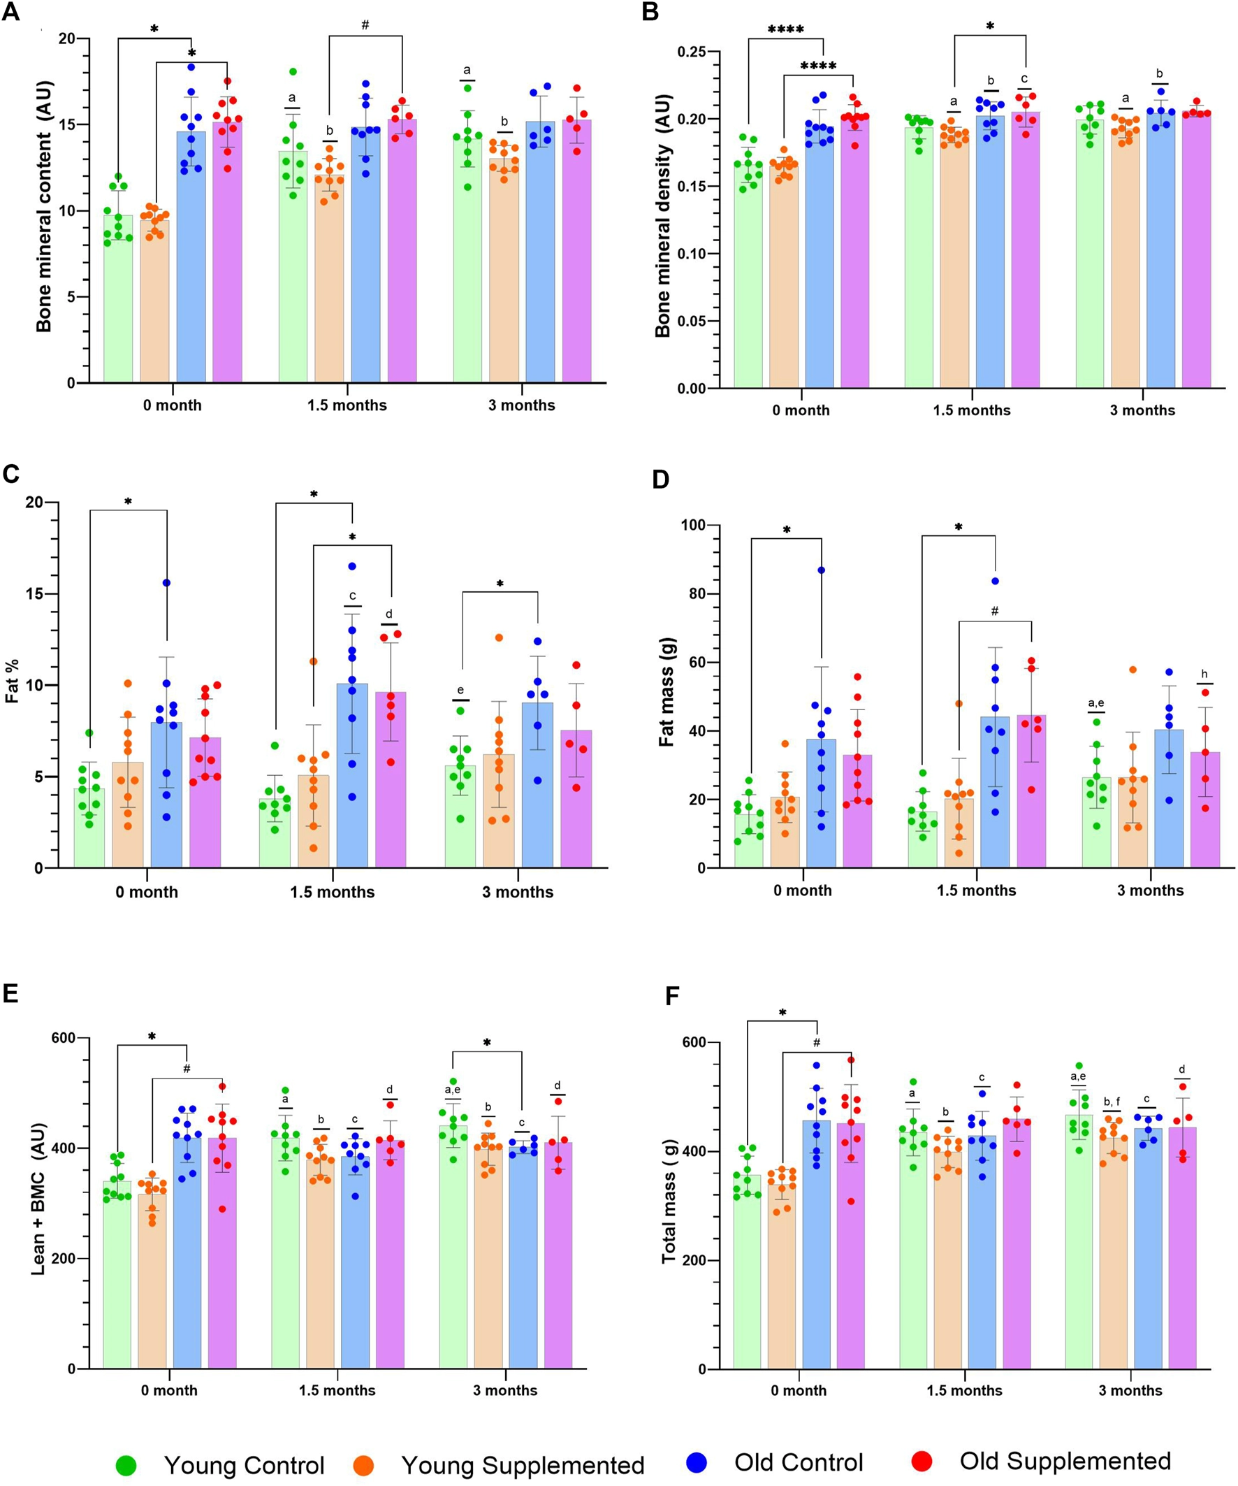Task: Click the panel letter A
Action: (11, 13)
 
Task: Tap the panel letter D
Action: (660, 479)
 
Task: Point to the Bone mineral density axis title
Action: (662, 215)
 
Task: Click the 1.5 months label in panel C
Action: (333, 892)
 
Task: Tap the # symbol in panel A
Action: (365, 25)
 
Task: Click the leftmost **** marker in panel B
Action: (785, 30)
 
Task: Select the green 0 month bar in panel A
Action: (118, 298)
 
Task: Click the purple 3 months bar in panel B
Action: (1196, 250)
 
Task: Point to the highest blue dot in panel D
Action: (822, 570)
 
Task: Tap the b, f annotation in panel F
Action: (1112, 1102)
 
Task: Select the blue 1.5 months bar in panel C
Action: (352, 776)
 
